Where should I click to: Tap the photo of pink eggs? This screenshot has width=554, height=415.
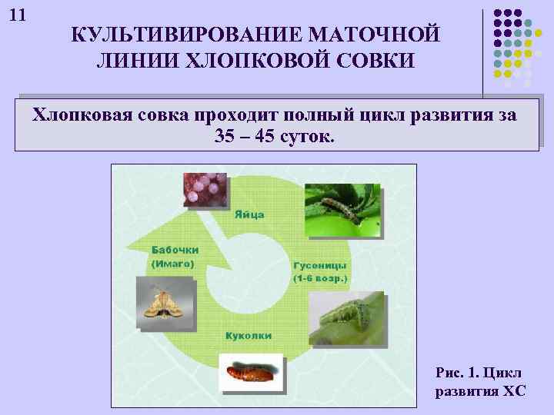(x=206, y=189)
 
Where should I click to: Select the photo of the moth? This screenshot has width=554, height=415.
(x=162, y=303)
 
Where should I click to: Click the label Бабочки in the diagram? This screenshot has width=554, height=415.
(x=175, y=250)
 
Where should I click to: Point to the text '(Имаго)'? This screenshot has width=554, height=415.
(x=172, y=263)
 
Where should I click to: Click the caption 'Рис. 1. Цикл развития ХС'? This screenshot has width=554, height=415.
(x=480, y=382)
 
